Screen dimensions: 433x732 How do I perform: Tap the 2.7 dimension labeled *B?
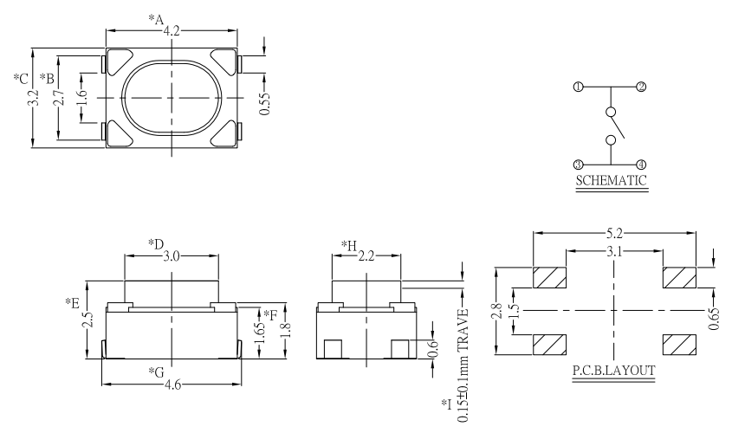click(58, 96)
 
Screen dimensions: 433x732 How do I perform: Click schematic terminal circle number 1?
click(578, 87)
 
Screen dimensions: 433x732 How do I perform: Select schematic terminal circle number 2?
click(641, 87)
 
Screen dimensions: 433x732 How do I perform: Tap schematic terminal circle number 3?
click(578, 164)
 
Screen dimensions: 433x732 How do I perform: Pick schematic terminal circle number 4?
click(641, 164)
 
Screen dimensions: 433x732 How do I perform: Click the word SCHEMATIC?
click(612, 182)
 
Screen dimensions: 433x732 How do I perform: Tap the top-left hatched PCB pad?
click(549, 278)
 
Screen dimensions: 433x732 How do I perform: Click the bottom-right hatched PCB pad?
click(678, 343)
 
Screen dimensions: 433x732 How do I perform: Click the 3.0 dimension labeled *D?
click(172, 256)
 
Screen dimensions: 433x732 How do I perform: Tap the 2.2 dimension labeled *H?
click(367, 256)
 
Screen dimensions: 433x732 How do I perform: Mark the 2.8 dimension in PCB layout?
click(496, 310)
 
